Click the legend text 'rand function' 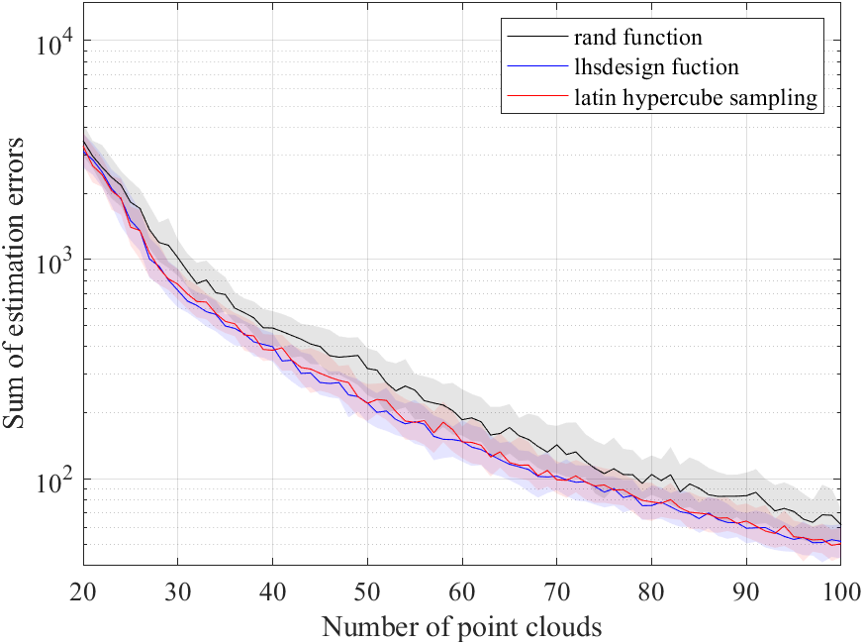(x=637, y=39)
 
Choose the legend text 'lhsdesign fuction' (x=655, y=68)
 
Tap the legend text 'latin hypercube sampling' (x=696, y=98)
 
